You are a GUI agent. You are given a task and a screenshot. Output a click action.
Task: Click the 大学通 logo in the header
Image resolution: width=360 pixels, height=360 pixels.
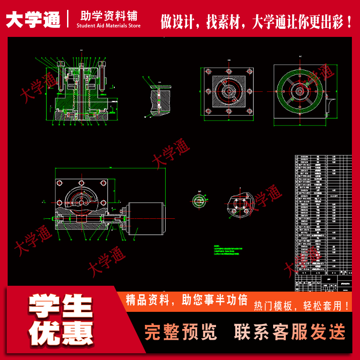(33, 19)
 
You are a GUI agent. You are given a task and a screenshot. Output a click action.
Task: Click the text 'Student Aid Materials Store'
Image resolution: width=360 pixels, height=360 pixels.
(108, 26)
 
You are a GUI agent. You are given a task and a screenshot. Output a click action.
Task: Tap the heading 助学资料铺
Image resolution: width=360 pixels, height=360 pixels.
(108, 15)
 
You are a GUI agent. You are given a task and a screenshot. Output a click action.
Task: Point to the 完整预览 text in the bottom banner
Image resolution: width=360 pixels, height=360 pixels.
(180, 332)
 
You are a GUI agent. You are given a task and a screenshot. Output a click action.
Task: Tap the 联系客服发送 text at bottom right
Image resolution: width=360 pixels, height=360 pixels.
(290, 332)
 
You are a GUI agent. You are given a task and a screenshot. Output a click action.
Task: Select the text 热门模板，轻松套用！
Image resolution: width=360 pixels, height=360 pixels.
(301, 306)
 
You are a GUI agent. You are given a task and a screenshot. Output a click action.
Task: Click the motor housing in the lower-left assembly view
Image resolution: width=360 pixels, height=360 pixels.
(144, 219)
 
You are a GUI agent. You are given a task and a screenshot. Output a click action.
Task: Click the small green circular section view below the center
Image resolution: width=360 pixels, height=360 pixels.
(198, 201)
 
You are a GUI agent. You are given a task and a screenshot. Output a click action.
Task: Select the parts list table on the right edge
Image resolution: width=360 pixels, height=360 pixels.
(322, 216)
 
